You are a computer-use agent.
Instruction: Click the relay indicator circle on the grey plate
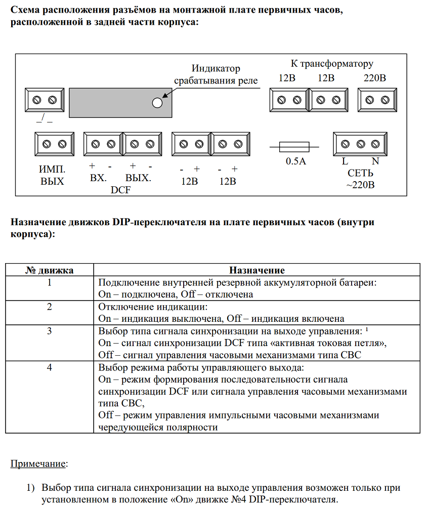point(157,102)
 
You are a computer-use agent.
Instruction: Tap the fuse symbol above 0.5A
point(294,147)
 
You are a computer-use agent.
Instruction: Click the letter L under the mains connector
point(345,162)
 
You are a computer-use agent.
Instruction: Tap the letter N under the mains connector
point(375,162)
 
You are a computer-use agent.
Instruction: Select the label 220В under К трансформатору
point(375,78)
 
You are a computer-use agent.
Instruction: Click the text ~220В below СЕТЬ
point(360,185)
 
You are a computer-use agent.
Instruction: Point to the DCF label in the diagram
point(120,190)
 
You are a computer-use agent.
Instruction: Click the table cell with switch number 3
point(50,331)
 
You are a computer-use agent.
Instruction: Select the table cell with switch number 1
point(50,282)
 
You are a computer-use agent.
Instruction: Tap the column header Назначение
point(257,270)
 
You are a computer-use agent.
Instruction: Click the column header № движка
point(50,270)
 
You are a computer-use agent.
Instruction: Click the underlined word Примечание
point(39,463)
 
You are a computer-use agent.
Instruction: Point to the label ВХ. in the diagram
point(98,178)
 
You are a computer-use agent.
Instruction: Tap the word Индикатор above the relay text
point(216,69)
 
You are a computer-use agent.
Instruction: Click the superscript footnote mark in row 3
point(367,330)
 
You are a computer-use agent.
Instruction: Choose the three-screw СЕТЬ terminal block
point(360,145)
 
